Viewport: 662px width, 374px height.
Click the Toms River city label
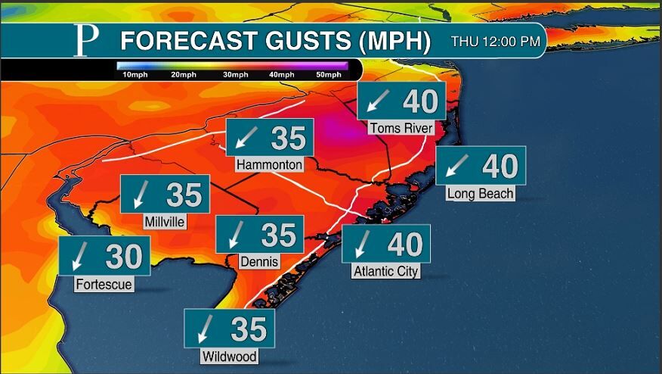(401, 128)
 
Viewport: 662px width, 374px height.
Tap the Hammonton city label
(269, 164)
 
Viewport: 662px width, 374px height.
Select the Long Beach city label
(480, 193)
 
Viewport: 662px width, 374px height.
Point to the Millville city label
(165, 222)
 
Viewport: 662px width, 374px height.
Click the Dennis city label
(259, 262)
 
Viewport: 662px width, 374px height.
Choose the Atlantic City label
(385, 270)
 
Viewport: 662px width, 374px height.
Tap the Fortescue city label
(104, 285)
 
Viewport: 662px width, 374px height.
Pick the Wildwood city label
(229, 356)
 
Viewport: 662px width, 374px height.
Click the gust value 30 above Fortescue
(123, 257)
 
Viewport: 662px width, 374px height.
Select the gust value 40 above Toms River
(421, 101)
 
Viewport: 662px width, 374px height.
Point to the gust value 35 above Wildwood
(249, 329)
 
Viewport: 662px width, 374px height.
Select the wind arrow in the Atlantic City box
(363, 244)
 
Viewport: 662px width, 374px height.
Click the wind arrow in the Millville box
(140, 195)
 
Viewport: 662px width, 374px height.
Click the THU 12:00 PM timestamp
(496, 42)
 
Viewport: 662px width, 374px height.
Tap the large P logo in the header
(85, 41)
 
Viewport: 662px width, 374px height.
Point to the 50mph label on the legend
(327, 75)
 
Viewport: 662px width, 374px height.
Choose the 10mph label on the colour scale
(133, 75)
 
